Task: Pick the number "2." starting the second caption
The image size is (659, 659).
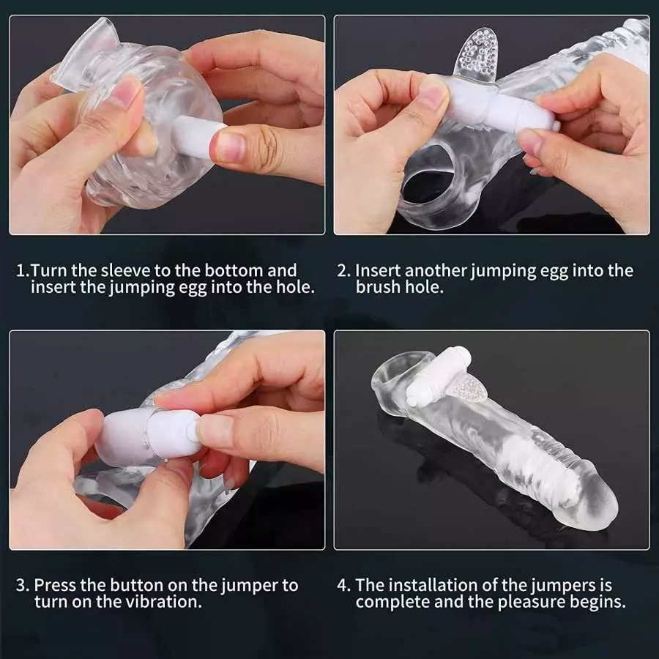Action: click(x=343, y=270)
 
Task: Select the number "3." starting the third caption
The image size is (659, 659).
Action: click(x=23, y=586)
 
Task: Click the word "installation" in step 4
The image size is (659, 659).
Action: click(x=434, y=586)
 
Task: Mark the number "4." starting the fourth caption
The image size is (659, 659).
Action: click(x=343, y=586)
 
